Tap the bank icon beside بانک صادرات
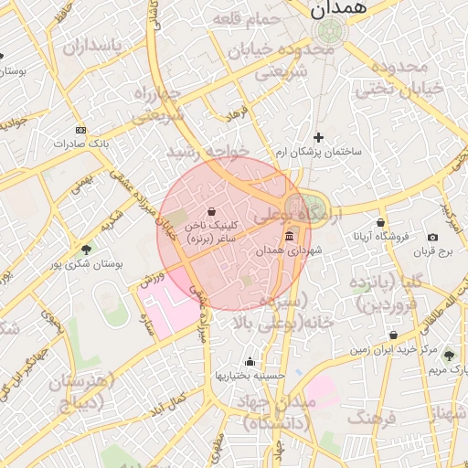[x=80, y=130]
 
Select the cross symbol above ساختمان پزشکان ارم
[x=318, y=137]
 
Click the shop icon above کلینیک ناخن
[x=211, y=211]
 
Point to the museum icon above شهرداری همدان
[x=289, y=237]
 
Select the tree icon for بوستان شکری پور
[x=87, y=249]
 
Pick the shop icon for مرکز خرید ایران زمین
[x=393, y=335]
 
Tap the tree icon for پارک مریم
[x=448, y=355]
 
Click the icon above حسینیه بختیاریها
[x=250, y=362]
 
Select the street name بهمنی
[x=81, y=184]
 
